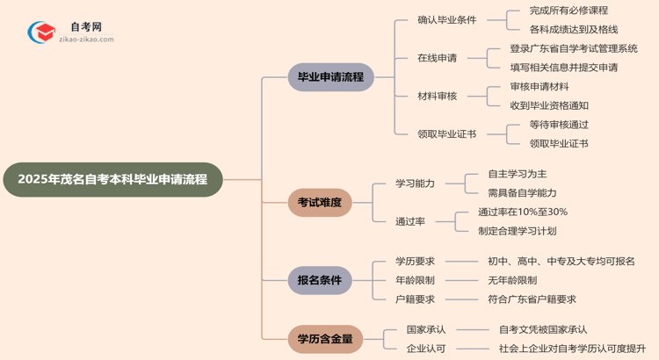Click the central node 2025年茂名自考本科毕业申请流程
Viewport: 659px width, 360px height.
112,179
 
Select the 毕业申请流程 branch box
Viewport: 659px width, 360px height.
330,77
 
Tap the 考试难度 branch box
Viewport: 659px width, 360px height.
319,203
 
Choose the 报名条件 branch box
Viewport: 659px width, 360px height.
319,280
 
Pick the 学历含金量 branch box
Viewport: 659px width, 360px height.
324,338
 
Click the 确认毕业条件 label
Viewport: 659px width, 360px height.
447,19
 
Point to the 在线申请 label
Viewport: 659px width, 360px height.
437,58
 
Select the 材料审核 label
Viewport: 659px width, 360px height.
437,96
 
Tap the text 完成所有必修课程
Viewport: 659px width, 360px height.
568,11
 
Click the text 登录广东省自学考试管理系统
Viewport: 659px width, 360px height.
573,48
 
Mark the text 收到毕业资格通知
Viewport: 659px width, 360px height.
549,105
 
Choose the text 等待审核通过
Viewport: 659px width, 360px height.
559,125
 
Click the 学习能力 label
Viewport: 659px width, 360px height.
415,184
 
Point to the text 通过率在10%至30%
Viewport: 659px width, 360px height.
522,212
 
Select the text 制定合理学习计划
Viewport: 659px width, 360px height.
517,231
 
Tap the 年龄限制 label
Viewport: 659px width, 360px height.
415,280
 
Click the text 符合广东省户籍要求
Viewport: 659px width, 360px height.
532,299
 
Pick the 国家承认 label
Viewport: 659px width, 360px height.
426,329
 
